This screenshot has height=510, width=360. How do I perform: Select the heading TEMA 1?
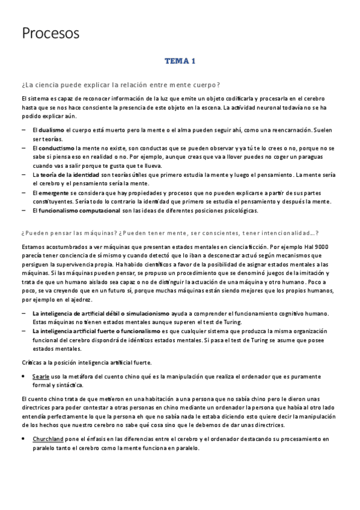pos(180,61)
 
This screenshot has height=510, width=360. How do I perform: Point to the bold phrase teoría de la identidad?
pos(72,174)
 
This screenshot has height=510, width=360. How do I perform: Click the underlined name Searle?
pos(41,376)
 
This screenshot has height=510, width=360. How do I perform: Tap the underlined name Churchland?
pos(47,439)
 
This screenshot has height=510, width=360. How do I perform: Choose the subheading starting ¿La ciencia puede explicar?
pos(120,84)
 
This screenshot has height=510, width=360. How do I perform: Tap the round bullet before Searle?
pos(23,376)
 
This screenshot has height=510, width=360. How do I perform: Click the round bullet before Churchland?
pos(23,439)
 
